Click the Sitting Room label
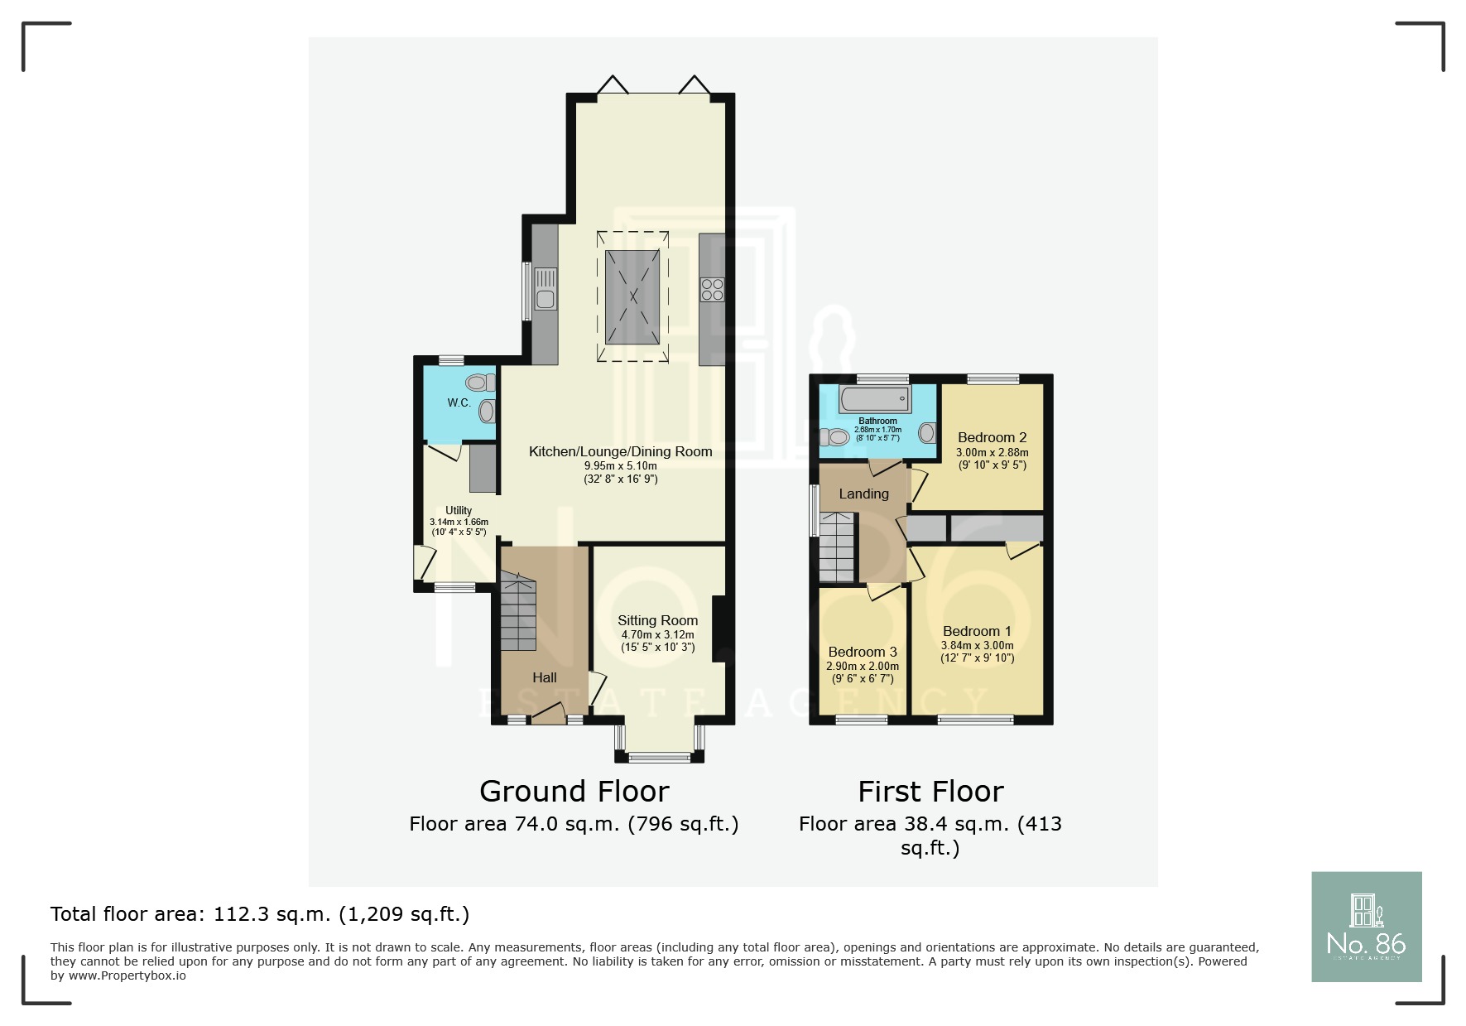tap(657, 620)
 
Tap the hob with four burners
tap(712, 289)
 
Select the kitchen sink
tap(546, 289)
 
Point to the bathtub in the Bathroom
tap(875, 400)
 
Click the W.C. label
tap(459, 403)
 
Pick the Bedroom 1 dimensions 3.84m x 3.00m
tap(977, 646)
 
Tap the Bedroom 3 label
tap(863, 652)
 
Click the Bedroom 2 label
tap(992, 437)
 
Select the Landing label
tap(863, 494)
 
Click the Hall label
tap(545, 677)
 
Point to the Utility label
tap(459, 510)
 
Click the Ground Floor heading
tap(574, 792)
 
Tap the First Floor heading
tap(930, 792)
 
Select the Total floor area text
tap(260, 914)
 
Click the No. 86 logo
tap(1367, 927)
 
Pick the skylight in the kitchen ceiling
tap(633, 296)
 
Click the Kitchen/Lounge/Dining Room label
tap(621, 451)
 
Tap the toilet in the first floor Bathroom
tap(834, 436)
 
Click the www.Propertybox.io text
tap(127, 975)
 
